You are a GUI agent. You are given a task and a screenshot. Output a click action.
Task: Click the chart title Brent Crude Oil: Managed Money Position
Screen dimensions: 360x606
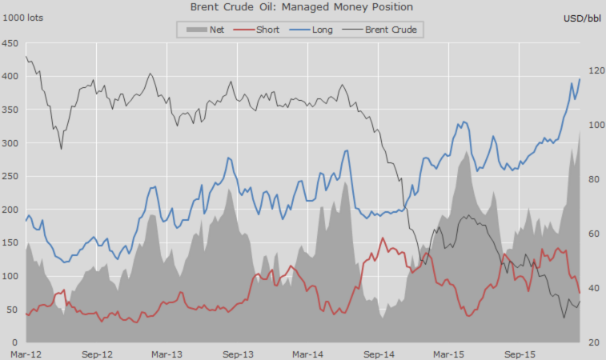[302, 7]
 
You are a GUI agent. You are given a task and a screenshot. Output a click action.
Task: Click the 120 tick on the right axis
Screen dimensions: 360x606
[594, 71]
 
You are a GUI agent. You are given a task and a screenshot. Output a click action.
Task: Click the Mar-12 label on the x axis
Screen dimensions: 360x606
[26, 353]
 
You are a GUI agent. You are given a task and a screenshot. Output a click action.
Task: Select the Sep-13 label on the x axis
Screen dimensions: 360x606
[238, 353]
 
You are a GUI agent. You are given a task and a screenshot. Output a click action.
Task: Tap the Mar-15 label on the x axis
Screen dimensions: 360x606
[448, 353]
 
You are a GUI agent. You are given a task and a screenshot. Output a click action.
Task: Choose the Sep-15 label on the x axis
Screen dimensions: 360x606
[520, 353]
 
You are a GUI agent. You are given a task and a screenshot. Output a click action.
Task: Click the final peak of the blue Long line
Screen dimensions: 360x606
[580, 78]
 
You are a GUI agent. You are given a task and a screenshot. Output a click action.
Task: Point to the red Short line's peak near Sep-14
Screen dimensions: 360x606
[383, 238]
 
